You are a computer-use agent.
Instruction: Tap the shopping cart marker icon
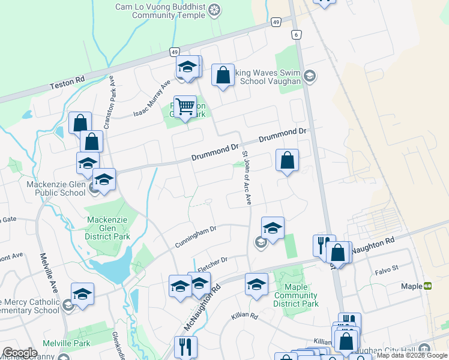(x=185, y=107)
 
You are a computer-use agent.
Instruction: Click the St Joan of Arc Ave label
(x=246, y=178)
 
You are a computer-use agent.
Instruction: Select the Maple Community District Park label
(x=295, y=295)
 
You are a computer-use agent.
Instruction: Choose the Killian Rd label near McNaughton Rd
(x=244, y=316)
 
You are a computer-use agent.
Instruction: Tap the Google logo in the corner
(x=19, y=353)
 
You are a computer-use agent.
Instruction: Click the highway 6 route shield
(x=297, y=36)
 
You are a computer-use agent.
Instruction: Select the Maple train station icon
(x=428, y=286)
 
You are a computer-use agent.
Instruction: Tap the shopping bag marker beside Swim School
(x=223, y=76)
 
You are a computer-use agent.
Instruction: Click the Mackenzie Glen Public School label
(x=56, y=188)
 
